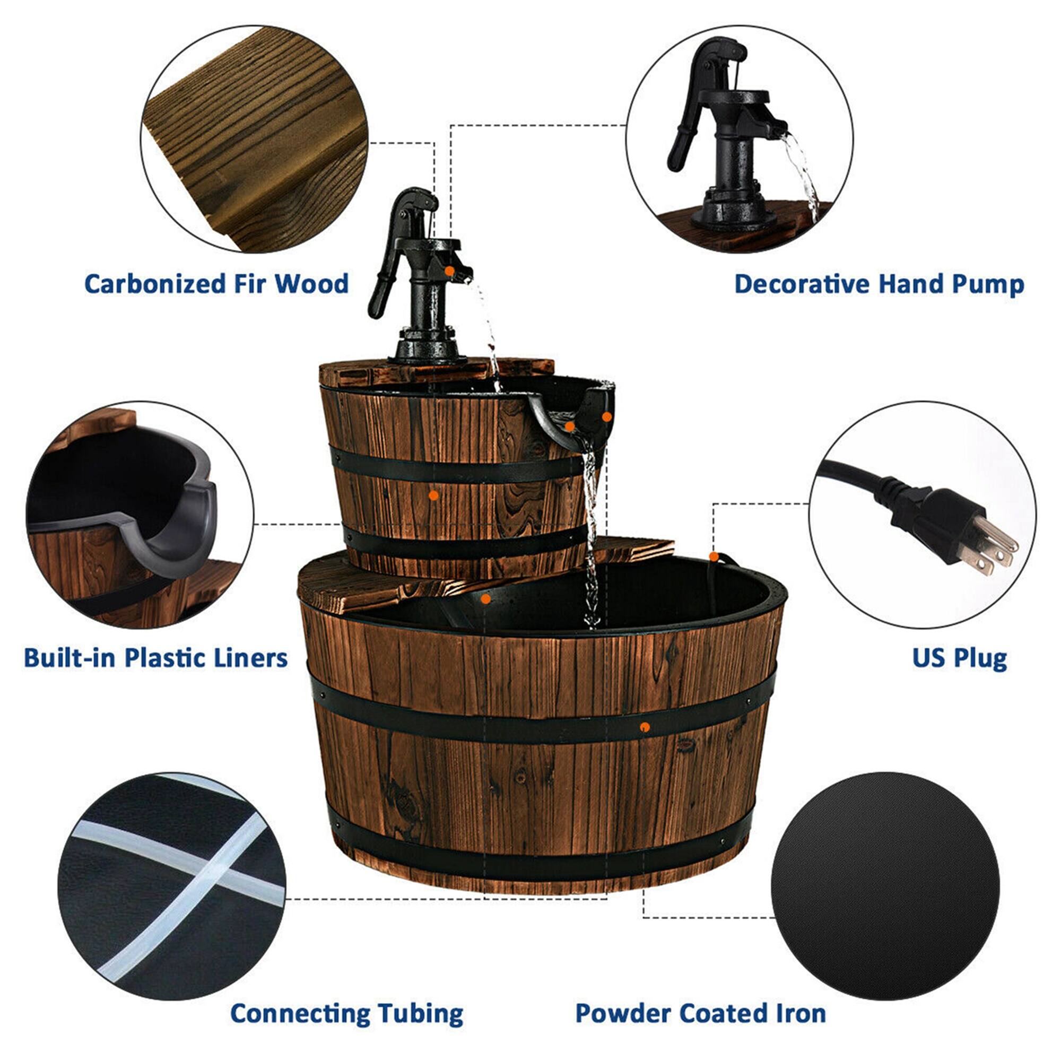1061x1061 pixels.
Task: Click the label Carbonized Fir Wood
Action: pos(216,284)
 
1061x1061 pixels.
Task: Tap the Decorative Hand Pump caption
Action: pos(879,284)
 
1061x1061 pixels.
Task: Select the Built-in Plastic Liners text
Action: pos(155,657)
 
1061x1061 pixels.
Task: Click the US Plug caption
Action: pos(959,657)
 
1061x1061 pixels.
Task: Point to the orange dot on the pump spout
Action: pos(449,271)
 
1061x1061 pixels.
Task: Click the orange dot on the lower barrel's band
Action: pos(645,727)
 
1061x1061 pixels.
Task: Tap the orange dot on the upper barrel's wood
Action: pos(433,495)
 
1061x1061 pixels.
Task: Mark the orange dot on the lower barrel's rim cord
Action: pos(714,557)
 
